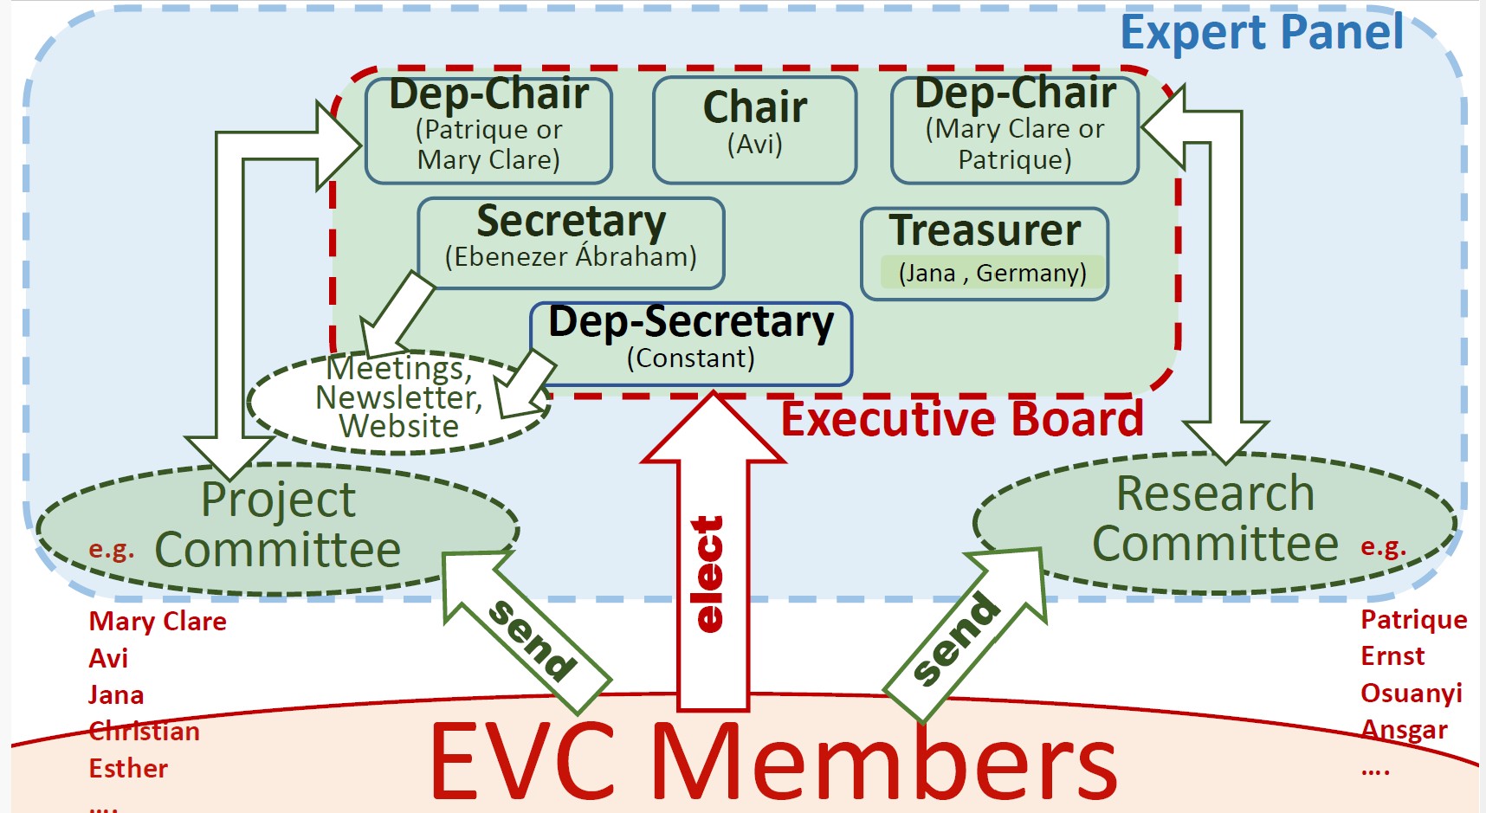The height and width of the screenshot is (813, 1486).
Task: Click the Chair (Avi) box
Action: point(755,130)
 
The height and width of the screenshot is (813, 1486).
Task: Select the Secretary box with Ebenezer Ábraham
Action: point(571,243)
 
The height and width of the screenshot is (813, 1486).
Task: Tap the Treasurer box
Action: point(985,254)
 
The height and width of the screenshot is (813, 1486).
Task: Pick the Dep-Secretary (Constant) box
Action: point(691,344)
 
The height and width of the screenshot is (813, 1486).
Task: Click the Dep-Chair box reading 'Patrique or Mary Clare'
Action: point(488,130)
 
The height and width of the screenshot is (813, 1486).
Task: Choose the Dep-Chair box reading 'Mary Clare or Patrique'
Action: point(1015,130)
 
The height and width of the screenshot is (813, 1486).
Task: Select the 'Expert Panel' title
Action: point(1262,33)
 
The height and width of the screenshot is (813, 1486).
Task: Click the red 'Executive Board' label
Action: point(962,419)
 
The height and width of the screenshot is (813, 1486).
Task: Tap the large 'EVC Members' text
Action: point(772,761)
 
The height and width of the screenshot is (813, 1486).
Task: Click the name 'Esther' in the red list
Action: point(128,768)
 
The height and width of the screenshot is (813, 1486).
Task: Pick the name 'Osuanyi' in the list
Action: point(1412,694)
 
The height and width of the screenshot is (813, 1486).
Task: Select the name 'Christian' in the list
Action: point(144,732)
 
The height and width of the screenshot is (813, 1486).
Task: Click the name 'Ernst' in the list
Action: point(1392,656)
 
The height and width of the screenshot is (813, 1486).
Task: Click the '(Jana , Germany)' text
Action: point(992,273)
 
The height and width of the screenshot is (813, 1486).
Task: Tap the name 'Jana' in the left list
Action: point(116,695)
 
